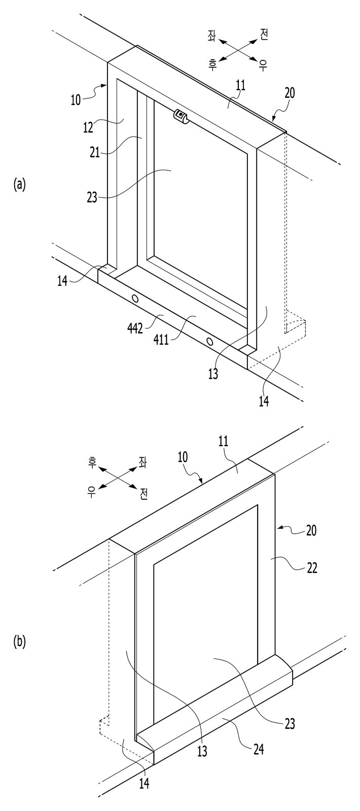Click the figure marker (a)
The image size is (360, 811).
tap(19, 185)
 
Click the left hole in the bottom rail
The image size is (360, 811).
tap(135, 299)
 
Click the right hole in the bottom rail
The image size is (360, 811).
tap(209, 341)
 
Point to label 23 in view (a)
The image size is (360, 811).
tap(92, 198)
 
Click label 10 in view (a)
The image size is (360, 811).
tap(76, 100)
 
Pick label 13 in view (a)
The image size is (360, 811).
tap(213, 374)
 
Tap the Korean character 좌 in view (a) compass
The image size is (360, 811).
tap(211, 36)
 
